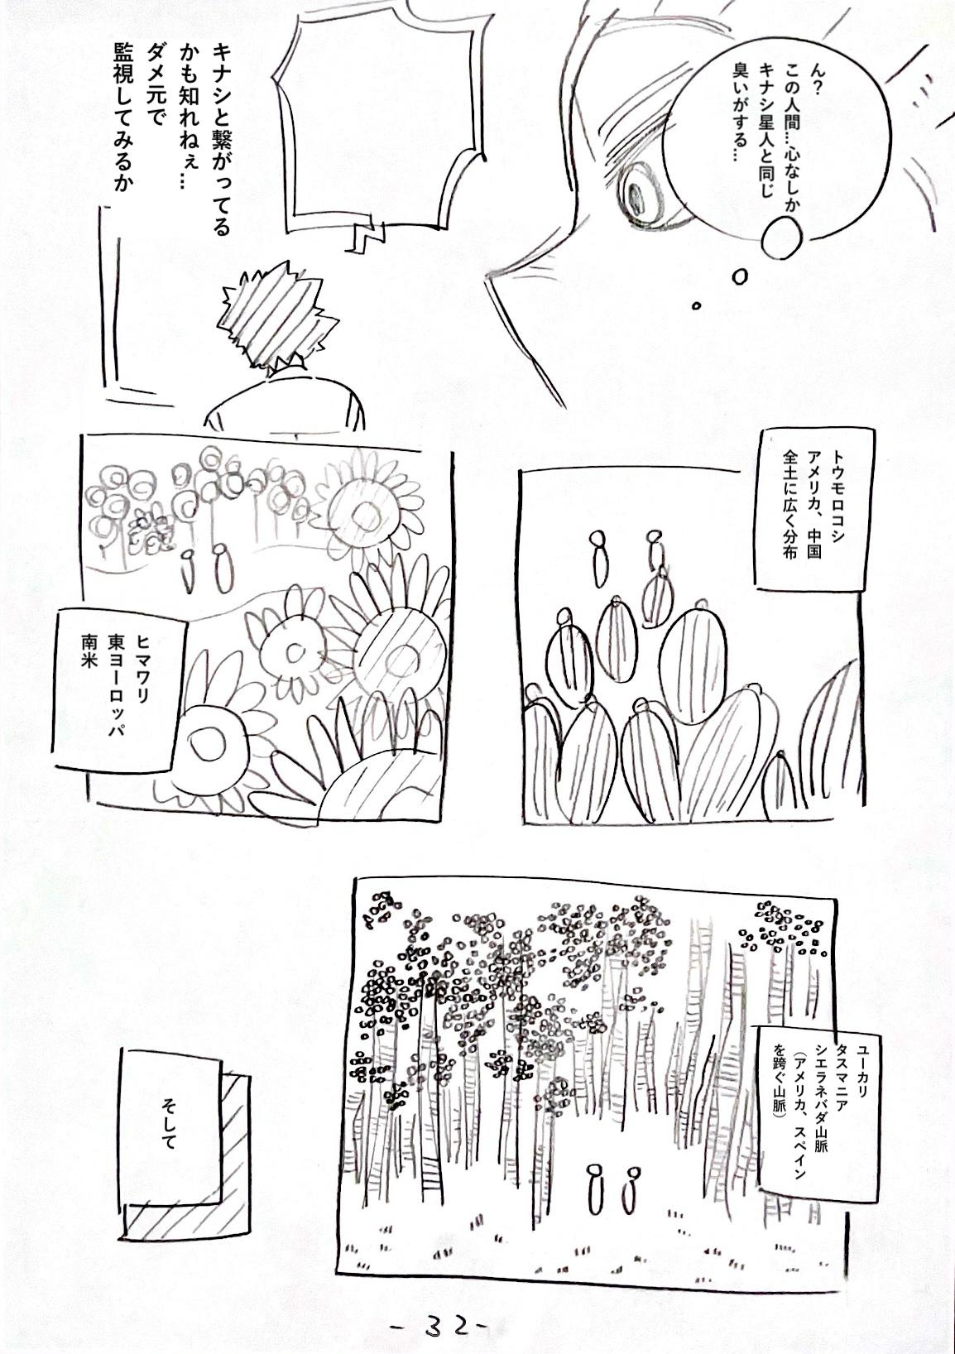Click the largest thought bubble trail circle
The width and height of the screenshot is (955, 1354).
(783, 238)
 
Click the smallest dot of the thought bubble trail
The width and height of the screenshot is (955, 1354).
(696, 306)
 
